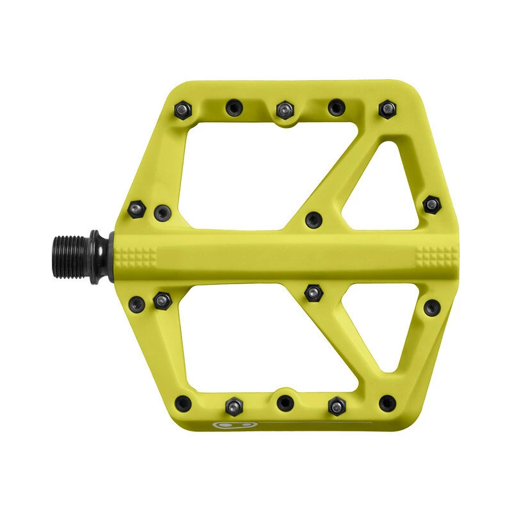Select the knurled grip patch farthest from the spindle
[431, 256]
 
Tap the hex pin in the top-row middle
[284, 110]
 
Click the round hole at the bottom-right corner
[387, 403]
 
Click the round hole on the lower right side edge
[431, 307]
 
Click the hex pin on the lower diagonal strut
[312, 292]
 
